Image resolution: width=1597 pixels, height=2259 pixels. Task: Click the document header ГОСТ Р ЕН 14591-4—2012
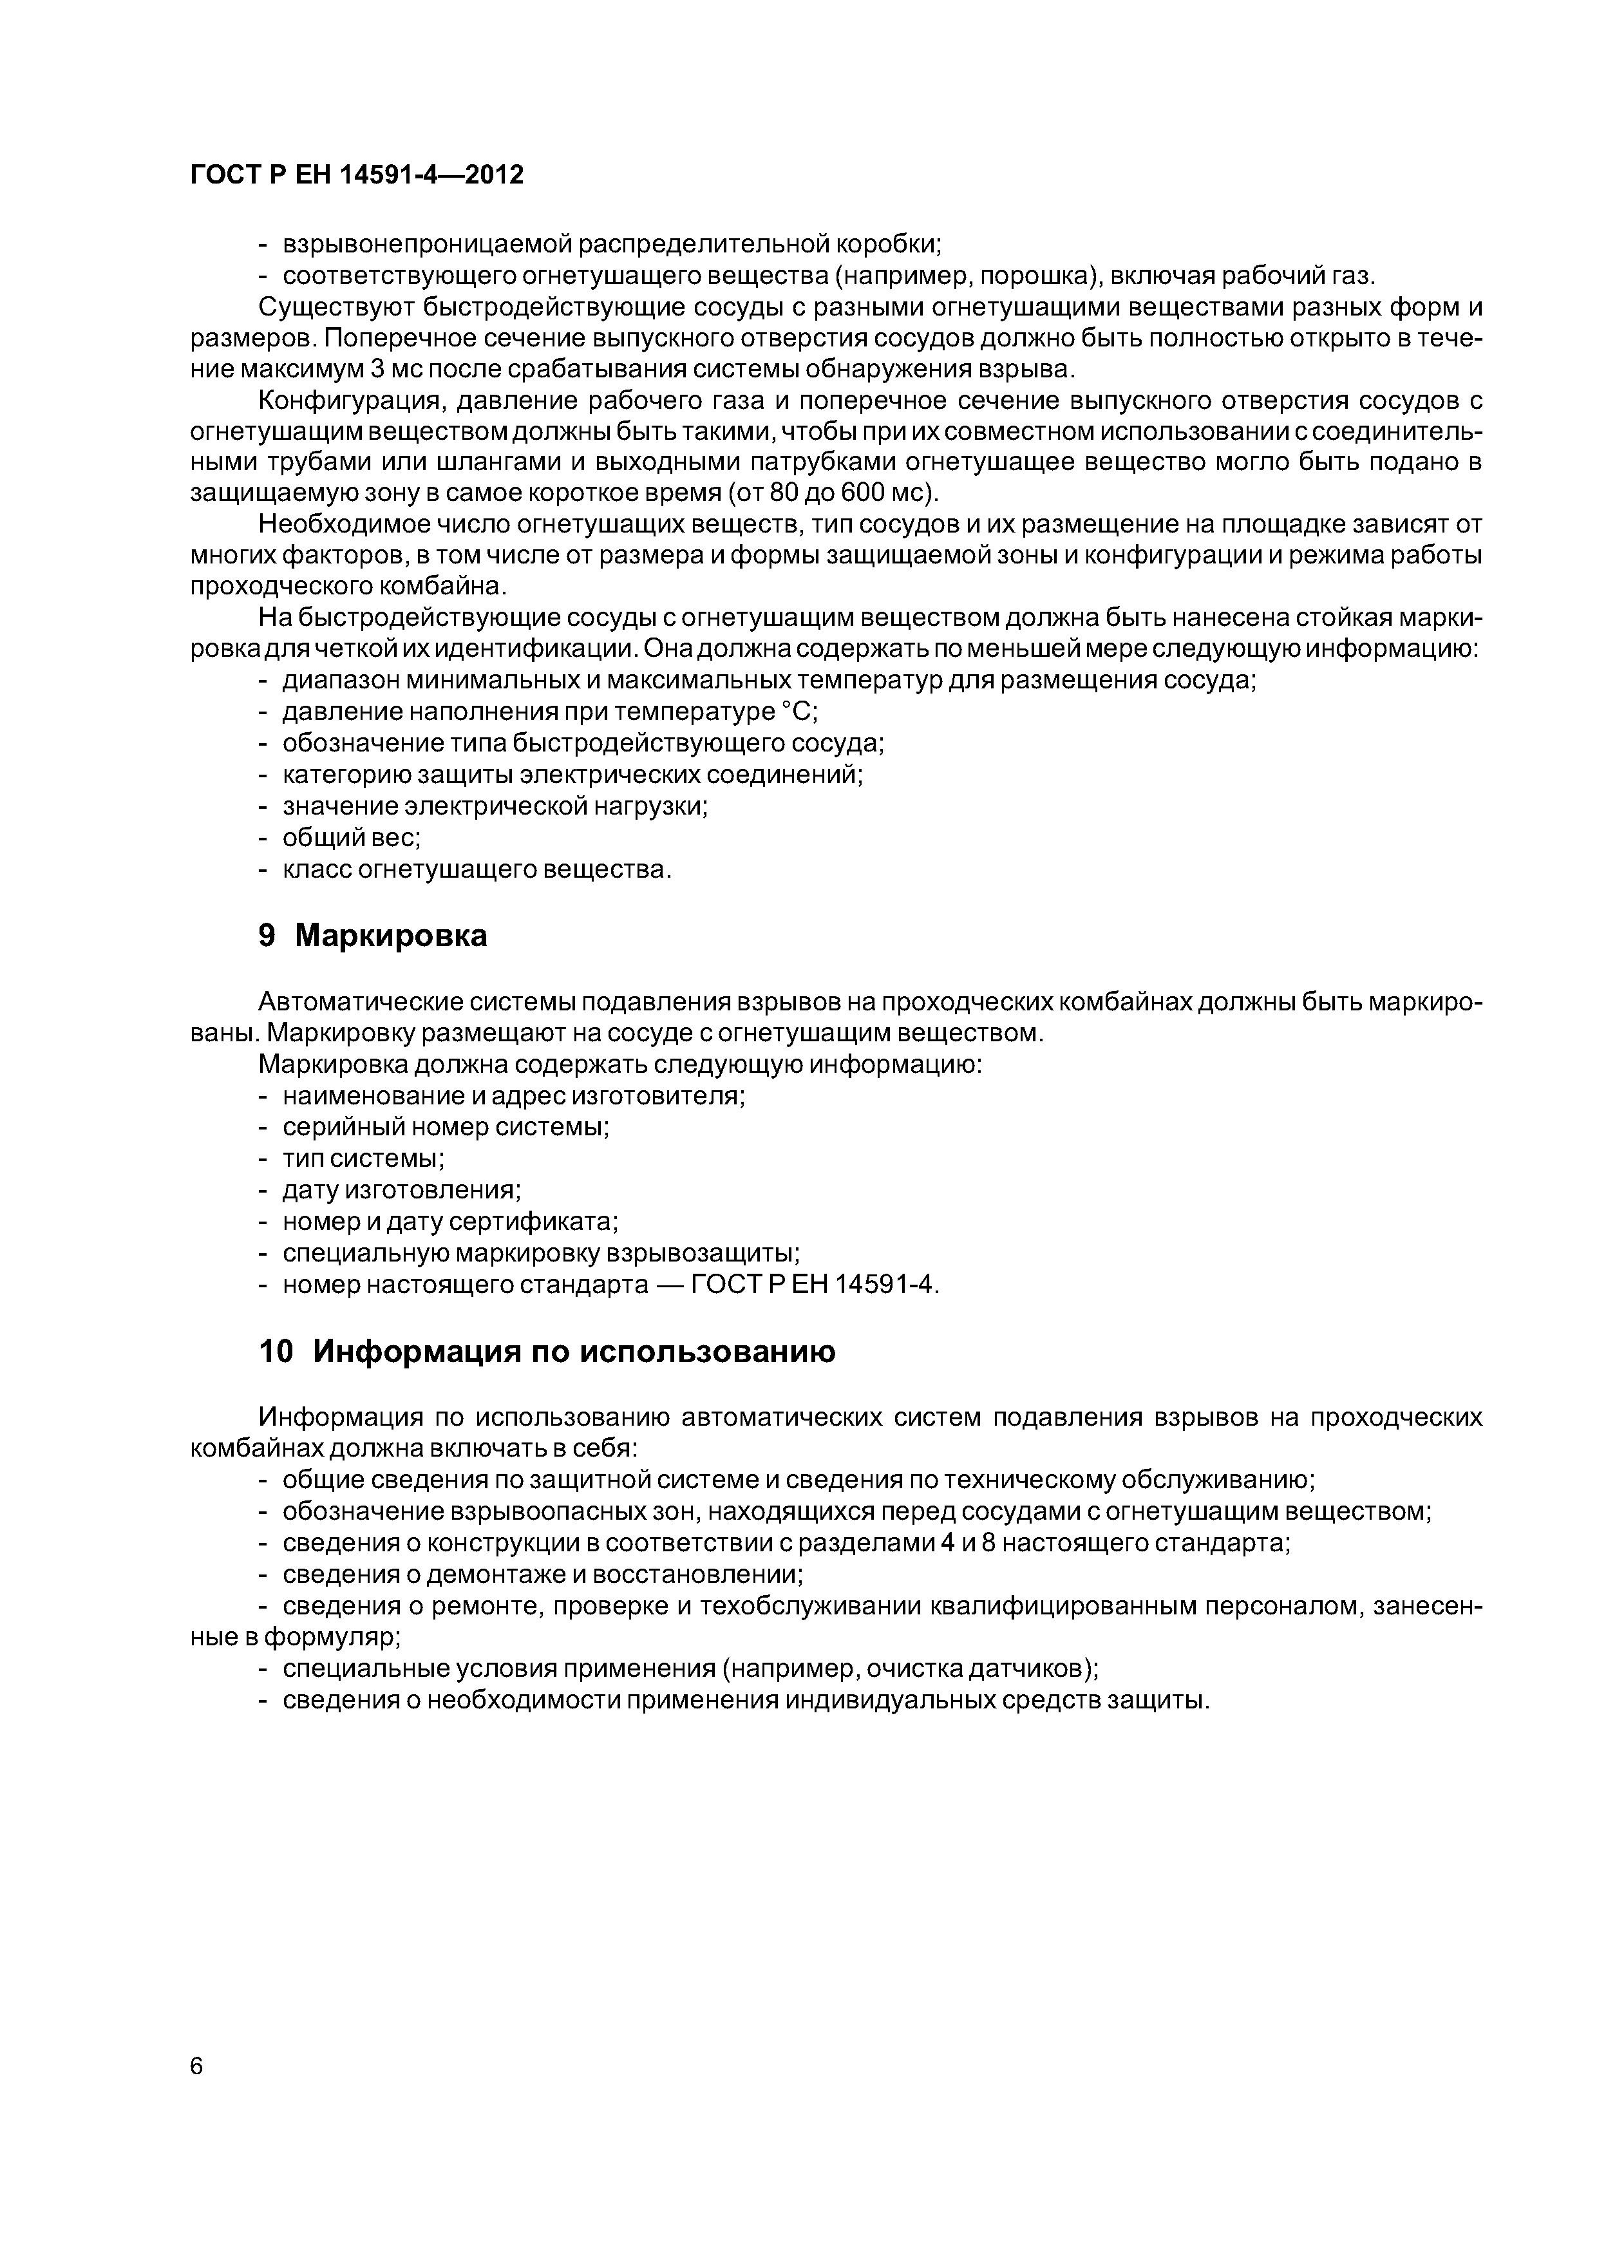point(356,175)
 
